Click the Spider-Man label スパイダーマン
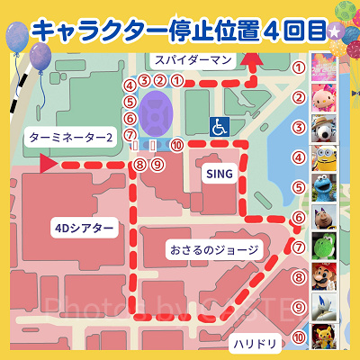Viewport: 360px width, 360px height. click(x=193, y=60)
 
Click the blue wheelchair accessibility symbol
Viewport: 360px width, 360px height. click(x=219, y=128)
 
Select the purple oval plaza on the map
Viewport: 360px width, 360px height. click(x=158, y=112)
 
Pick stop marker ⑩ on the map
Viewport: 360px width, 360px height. click(x=177, y=142)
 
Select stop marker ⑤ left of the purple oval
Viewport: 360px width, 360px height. click(x=130, y=102)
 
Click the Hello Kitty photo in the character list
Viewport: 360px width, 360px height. click(x=323, y=98)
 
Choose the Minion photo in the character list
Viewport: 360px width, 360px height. click(x=323, y=159)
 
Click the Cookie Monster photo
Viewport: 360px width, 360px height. click(x=323, y=188)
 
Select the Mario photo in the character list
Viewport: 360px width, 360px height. click(x=323, y=277)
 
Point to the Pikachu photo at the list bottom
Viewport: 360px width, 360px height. click(x=323, y=337)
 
